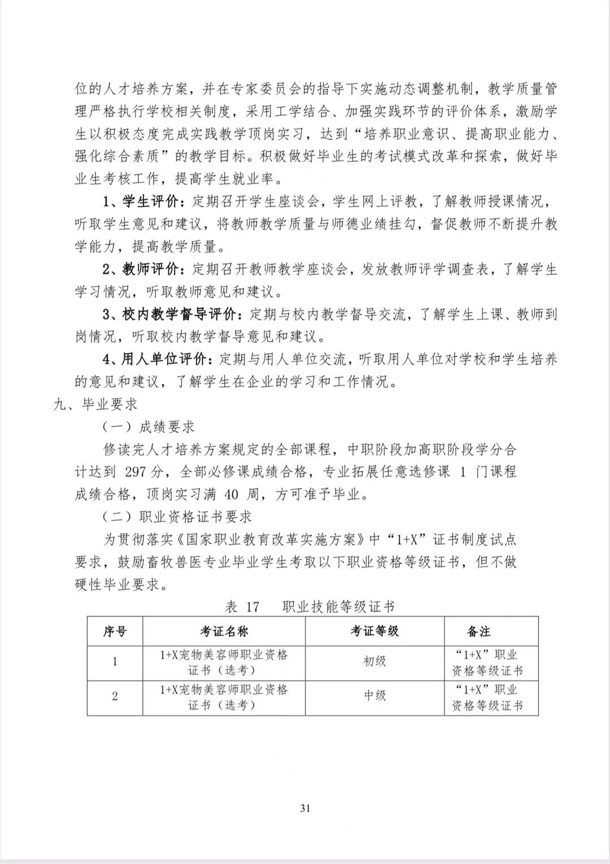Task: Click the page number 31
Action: click(305, 808)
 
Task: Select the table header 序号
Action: click(115, 631)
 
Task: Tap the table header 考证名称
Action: click(224, 631)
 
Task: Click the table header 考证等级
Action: click(374, 631)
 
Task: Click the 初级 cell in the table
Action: click(374, 661)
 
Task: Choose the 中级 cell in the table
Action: click(374, 696)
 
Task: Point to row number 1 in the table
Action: click(115, 661)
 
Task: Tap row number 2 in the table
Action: click(115, 696)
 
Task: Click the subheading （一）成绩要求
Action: click(149, 427)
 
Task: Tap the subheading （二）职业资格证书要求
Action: click(177, 517)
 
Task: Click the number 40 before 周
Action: click(232, 495)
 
